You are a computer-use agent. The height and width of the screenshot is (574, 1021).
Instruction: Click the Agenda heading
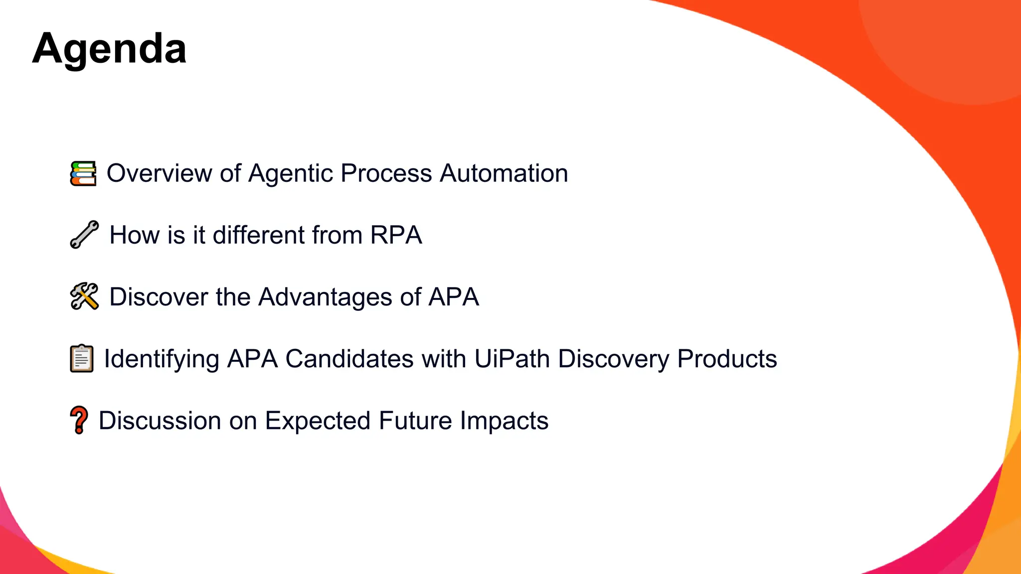[109, 49]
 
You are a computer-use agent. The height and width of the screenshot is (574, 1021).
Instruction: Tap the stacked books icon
[83, 173]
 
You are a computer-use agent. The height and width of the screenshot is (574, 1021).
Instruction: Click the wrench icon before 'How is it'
[84, 234]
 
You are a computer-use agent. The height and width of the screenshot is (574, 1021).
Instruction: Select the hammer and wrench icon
[84, 296]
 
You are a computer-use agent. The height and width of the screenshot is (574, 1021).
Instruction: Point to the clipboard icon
[82, 358]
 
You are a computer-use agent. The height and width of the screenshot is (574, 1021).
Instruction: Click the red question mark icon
[79, 420]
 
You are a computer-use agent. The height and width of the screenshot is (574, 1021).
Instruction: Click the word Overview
[159, 173]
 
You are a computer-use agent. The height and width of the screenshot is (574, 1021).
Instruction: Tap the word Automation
[504, 173]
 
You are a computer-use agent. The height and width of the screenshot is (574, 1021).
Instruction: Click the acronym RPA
[396, 235]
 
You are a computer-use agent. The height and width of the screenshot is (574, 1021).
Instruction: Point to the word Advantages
[325, 297]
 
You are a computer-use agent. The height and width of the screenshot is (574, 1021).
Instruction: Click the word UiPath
[511, 359]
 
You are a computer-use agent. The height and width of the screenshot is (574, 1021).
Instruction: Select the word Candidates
[349, 359]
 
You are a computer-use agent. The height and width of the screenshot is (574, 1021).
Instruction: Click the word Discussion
[160, 421]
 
